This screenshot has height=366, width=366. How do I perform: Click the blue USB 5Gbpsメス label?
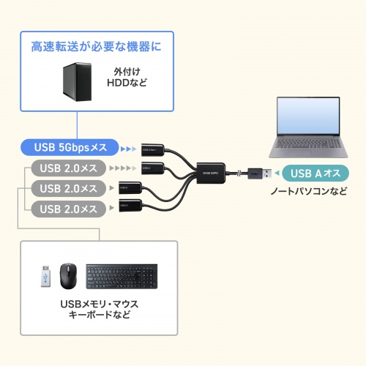tap(70, 147)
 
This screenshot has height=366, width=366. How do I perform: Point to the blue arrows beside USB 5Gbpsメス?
tap(129, 147)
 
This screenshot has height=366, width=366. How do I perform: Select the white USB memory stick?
tap(45, 277)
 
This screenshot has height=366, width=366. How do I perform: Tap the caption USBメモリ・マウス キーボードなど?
tap(97, 309)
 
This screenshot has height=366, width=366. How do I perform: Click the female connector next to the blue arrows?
tap(154, 148)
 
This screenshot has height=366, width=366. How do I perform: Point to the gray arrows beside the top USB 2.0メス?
tap(129, 168)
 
